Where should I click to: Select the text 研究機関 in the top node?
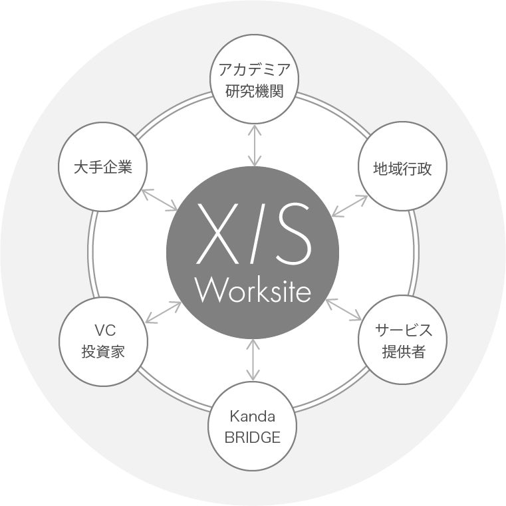(x=254, y=91)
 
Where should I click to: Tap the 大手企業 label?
(x=103, y=167)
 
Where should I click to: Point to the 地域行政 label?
(x=403, y=168)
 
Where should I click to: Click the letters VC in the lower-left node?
(x=103, y=330)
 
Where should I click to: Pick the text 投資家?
(x=103, y=352)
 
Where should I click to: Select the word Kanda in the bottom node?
(x=253, y=416)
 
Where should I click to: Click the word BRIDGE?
(x=253, y=438)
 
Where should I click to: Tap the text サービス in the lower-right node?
(x=403, y=330)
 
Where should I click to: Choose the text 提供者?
(x=403, y=352)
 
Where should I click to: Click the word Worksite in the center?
(x=253, y=290)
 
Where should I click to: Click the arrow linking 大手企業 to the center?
(x=159, y=199)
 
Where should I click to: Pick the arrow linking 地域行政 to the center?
(x=350, y=205)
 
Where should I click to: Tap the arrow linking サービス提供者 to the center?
(x=344, y=309)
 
